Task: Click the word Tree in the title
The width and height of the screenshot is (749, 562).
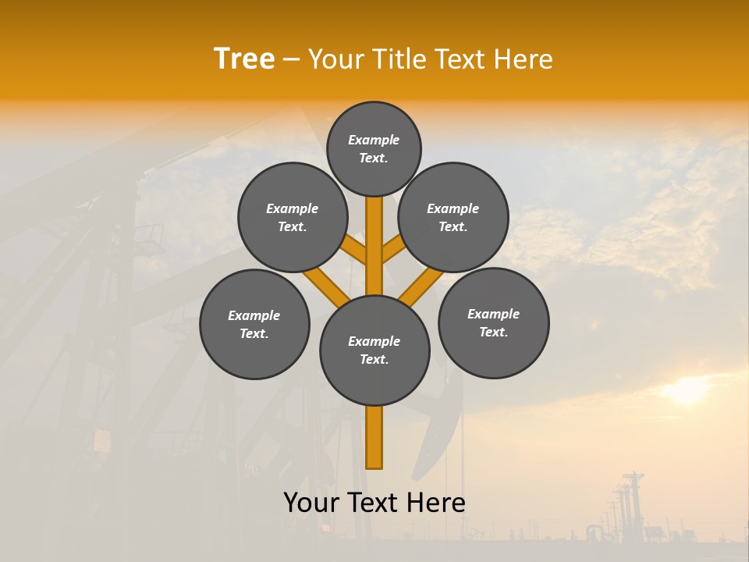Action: point(244,59)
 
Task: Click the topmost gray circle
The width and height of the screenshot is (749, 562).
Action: point(374,148)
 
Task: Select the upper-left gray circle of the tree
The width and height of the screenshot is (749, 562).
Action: point(293,217)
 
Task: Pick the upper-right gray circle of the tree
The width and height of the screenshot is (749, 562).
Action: point(453,217)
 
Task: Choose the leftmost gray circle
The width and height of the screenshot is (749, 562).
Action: point(254,324)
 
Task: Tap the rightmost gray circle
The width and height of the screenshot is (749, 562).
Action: point(493,322)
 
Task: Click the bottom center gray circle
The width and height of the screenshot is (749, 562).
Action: point(374,350)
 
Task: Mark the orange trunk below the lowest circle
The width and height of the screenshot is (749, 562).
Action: point(374,437)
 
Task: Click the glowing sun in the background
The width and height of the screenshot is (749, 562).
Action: point(687,390)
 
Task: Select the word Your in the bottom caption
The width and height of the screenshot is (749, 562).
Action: point(311,503)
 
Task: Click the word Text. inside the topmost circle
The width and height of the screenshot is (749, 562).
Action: point(374,158)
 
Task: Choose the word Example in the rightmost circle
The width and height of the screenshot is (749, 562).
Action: point(493,314)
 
